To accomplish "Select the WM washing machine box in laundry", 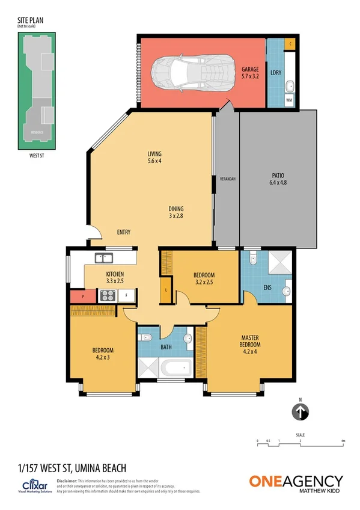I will [289, 100].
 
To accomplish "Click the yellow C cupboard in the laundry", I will [290, 44].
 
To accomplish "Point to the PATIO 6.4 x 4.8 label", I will [278, 179].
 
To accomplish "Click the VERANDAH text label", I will [227, 179].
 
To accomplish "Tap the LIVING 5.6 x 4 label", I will [154, 157].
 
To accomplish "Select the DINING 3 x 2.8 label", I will [175, 212].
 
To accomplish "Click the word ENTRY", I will [124, 232].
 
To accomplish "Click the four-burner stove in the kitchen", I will [107, 295].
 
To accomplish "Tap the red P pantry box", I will [80, 296].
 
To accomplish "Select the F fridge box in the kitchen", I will [126, 295].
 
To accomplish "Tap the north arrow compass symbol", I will [301, 412].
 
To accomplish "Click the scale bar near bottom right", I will [300, 442].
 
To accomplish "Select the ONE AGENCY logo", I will [296, 482].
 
